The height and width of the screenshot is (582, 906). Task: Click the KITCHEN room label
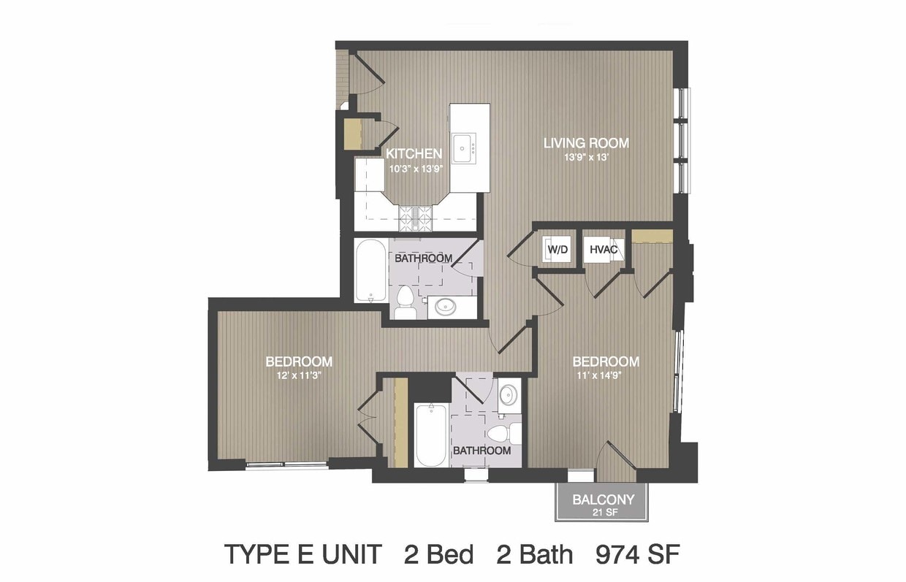414,154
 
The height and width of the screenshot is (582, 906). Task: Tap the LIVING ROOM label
586,143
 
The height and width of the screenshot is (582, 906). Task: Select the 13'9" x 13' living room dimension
587,157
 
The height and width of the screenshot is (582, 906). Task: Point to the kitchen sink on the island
464,148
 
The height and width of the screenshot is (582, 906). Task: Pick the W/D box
557,249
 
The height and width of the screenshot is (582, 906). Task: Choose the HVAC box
603,249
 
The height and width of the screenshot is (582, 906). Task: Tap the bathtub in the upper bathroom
371,270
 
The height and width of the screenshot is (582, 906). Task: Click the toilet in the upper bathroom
405,301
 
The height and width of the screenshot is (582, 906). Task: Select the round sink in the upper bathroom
446,307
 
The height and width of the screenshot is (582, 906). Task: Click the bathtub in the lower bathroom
431,435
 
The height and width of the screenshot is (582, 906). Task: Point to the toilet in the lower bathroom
503,434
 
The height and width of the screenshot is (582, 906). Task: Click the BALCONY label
603,500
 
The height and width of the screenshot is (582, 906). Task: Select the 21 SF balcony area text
605,513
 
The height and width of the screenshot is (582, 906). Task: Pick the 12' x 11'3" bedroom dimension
299,375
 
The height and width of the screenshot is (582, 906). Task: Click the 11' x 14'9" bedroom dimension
598,375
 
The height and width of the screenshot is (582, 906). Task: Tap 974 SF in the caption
638,554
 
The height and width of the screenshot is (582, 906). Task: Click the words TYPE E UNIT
303,554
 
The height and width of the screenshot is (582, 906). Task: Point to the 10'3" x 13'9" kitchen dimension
414,169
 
